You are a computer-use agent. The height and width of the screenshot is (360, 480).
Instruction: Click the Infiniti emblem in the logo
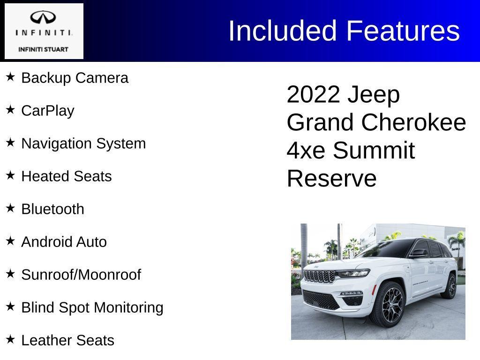coord(44,18)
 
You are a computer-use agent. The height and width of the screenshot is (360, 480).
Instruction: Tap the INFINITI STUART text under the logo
coord(44,49)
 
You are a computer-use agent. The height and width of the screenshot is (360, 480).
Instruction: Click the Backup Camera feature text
coord(75,78)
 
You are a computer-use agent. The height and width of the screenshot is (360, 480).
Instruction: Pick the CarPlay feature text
coord(48,111)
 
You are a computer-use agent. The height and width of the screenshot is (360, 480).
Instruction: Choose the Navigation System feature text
coord(83,143)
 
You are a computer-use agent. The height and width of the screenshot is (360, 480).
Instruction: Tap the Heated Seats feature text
coord(67,176)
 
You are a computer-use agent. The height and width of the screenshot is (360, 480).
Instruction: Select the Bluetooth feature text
coord(53,209)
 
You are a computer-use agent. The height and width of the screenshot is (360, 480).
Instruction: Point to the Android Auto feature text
coord(64,242)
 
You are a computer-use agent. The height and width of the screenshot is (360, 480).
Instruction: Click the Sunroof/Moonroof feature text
coord(81,275)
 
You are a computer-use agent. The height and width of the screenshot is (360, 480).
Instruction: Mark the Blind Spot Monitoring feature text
coord(92,307)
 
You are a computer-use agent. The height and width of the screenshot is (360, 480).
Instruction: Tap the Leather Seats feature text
coord(68,340)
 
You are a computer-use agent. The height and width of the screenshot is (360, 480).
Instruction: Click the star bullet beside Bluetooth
coord(10,208)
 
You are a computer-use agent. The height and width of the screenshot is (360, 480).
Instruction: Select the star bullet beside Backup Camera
coord(10,77)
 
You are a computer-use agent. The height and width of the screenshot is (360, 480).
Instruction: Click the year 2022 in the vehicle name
coord(313,95)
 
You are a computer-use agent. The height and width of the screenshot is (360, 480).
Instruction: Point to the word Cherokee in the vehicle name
coord(414,123)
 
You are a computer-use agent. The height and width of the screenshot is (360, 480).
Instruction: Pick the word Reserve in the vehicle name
coord(331,179)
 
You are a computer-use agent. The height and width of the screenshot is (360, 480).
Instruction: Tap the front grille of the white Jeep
coord(319,276)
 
